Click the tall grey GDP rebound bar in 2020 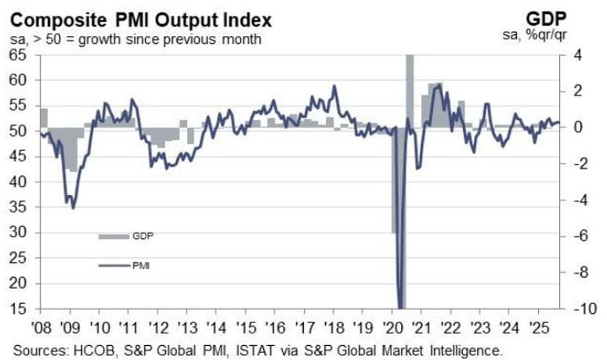coord(410,90)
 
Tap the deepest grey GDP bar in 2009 coord(72,149)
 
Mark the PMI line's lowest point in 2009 coord(73,207)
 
